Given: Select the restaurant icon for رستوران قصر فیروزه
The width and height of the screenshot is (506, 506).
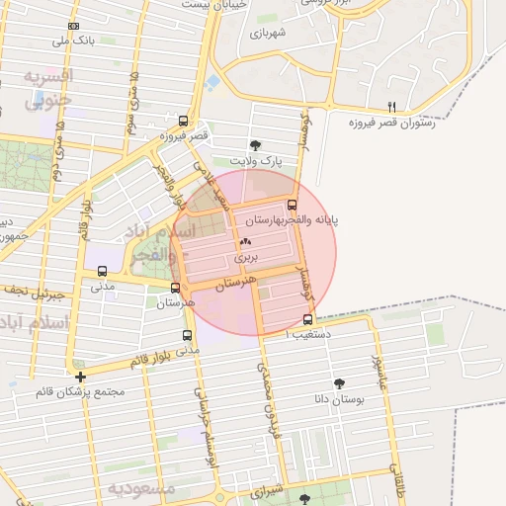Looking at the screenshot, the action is pyautogui.click(x=392, y=107).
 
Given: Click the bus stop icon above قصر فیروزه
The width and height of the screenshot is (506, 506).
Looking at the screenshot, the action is pyautogui.click(x=182, y=119).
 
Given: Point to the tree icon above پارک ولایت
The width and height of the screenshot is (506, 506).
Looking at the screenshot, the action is pyautogui.click(x=256, y=144).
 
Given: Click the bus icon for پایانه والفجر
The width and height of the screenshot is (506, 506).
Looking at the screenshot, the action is pyautogui.click(x=290, y=205).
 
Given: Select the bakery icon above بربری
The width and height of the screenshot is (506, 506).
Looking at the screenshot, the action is pyautogui.click(x=245, y=241).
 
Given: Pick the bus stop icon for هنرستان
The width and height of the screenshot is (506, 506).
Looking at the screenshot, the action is pyautogui.click(x=175, y=289).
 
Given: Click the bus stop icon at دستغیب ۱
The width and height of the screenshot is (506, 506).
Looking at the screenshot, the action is pyautogui.click(x=307, y=319).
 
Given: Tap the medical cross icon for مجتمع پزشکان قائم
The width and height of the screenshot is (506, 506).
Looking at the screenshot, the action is pyautogui.click(x=80, y=377).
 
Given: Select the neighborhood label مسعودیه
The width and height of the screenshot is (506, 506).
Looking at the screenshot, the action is pyautogui.click(x=141, y=488).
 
